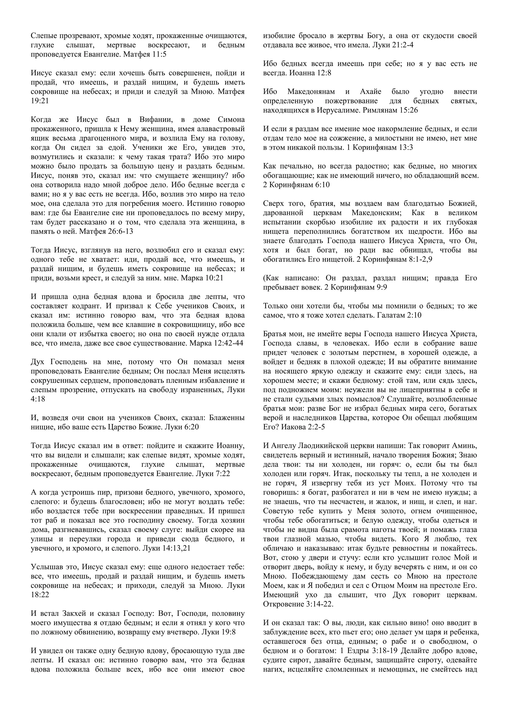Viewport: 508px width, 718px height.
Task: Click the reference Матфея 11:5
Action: pyautogui.click(x=145, y=54)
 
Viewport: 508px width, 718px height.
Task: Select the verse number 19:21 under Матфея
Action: pyautogui.click(x=40, y=101)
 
